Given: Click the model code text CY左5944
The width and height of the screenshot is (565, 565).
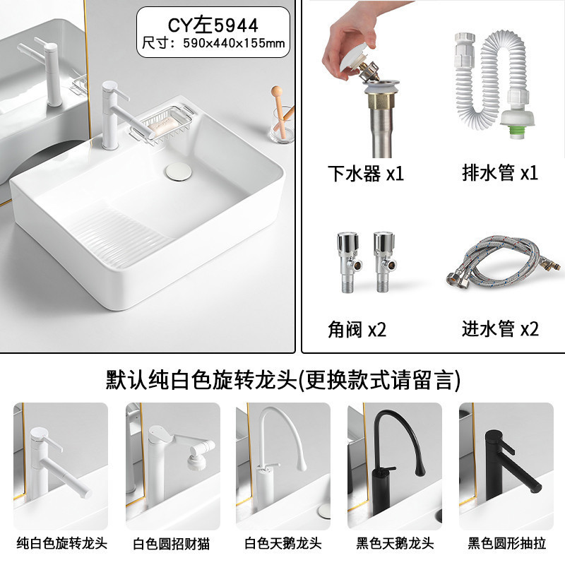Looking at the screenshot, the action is (213, 25).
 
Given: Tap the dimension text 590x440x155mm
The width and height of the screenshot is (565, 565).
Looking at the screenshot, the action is (234, 43).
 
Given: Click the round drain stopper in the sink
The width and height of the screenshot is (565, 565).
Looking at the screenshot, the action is (179, 170).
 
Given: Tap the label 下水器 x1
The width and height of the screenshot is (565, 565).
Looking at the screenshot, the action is (365, 173).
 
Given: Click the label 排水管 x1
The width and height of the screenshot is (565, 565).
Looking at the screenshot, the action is (500, 172).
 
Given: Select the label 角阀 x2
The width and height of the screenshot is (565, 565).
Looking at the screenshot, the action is (357, 329).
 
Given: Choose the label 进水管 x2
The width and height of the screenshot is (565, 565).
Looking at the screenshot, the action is (500, 328).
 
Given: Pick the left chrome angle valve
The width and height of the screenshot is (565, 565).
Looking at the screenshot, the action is (349, 261).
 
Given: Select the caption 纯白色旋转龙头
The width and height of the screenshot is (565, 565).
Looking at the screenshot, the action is (61, 543).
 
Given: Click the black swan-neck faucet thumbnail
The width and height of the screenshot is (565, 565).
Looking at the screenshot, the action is (395, 466).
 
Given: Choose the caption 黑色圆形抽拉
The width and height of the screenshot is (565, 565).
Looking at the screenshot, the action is (506, 543).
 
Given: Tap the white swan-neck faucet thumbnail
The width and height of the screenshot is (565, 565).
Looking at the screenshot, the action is (283, 466).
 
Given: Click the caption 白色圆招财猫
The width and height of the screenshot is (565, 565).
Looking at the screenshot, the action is (172, 544).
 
